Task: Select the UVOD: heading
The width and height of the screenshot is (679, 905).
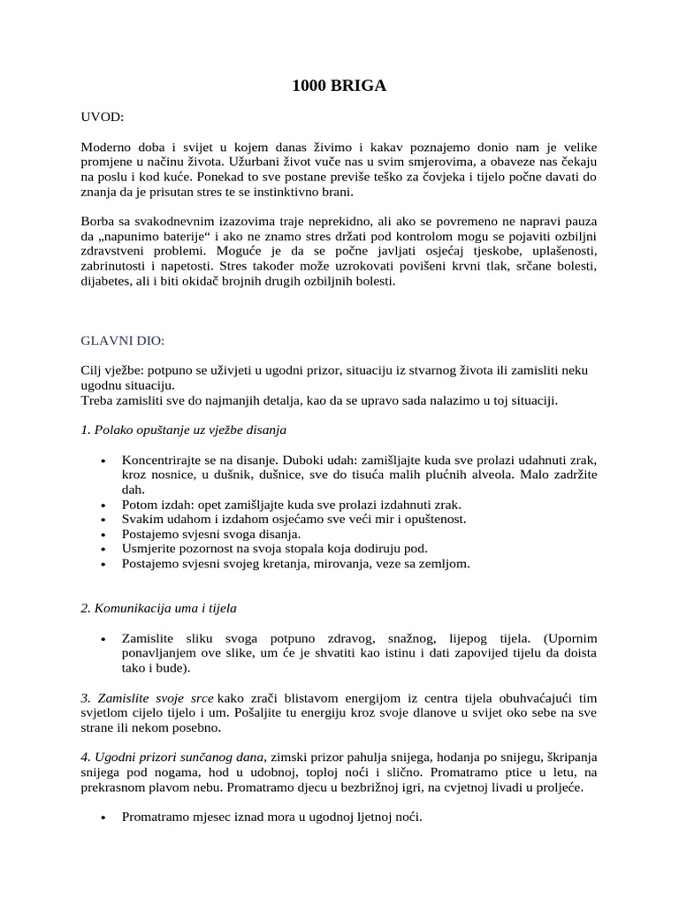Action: (x=103, y=117)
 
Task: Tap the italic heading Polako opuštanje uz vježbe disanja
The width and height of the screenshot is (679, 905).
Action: (x=183, y=430)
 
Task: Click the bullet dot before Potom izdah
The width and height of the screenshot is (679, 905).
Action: (x=104, y=505)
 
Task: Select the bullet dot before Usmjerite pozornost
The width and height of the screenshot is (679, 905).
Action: (x=104, y=549)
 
